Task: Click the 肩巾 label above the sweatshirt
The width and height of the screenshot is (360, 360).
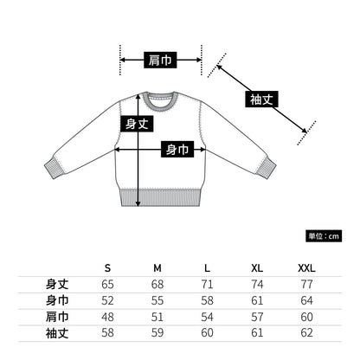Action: [x=160, y=60]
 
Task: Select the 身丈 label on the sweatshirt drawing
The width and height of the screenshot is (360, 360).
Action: [x=138, y=124]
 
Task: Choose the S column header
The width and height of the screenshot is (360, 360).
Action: [x=107, y=267]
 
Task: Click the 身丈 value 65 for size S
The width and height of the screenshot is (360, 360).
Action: [x=107, y=284]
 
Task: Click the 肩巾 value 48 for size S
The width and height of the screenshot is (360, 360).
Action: [x=107, y=316]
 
